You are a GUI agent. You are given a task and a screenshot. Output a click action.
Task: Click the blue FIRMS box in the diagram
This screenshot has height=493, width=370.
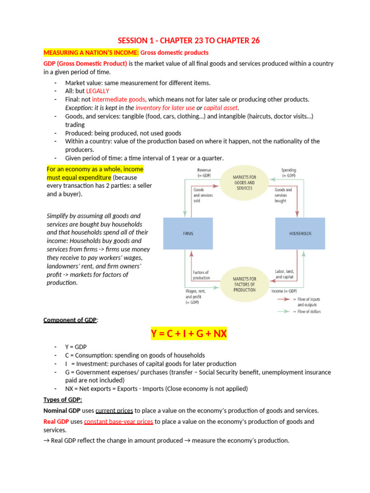click(188, 233)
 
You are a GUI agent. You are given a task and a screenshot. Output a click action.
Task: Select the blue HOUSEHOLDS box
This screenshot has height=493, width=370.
click(300, 233)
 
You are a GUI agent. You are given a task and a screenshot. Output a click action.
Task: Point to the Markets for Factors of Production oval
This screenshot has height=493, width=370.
click(244, 284)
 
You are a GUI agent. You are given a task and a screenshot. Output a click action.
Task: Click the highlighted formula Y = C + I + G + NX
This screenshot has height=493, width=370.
click(188, 334)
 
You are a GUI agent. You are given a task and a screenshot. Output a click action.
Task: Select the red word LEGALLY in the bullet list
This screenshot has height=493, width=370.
click(98, 91)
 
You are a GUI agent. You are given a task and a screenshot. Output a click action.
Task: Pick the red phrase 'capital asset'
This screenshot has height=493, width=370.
click(221, 107)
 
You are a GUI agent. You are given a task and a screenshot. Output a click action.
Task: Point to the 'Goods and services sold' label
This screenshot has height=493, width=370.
click(203, 195)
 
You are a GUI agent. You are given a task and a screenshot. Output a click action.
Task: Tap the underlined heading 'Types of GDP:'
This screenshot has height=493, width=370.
click(63, 400)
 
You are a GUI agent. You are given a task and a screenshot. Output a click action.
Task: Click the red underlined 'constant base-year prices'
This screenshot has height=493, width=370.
click(119, 421)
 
